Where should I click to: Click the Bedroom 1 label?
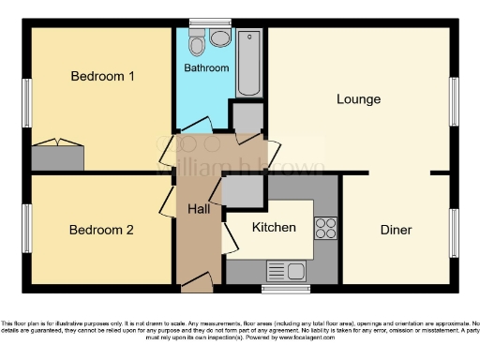pos(102,77)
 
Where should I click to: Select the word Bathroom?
pos(206,68)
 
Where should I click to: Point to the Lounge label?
pos(358,98)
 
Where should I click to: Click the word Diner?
pos(397,230)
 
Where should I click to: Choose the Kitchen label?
pos(274,228)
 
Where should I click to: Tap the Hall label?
pos(198,209)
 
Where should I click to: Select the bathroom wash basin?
pos(220,38)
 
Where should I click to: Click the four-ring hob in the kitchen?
pos(326,228)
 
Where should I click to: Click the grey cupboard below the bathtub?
pos(248,118)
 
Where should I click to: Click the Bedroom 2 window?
pos(27,229)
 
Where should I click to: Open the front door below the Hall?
pos(197,281)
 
